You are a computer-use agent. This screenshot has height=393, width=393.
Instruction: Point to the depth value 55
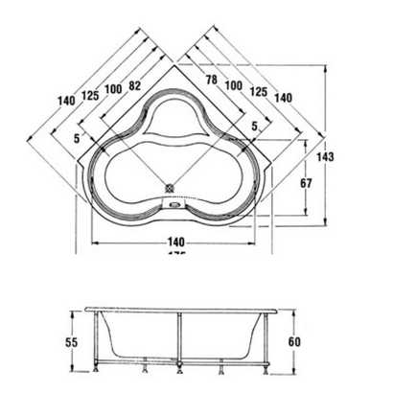click(x=70, y=341)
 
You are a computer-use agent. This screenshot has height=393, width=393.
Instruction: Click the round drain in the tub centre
click(x=173, y=188)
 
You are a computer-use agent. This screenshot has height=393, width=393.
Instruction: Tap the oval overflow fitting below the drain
click(x=173, y=201)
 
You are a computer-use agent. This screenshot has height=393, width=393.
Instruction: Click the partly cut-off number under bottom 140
click(x=173, y=255)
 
